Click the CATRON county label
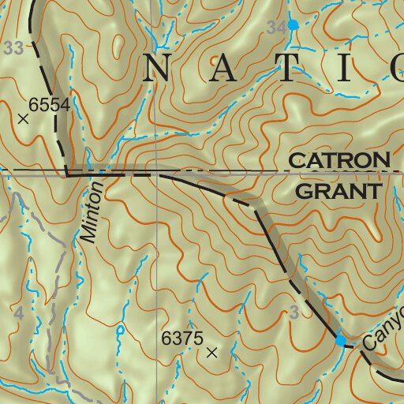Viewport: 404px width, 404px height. point(339,160)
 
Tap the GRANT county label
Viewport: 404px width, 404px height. point(337,192)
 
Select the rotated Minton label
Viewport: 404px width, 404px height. point(92,212)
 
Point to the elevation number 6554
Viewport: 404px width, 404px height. point(50,104)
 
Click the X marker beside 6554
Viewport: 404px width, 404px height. point(23,119)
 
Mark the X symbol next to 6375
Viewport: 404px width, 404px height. point(211,353)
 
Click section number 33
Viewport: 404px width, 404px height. point(13,49)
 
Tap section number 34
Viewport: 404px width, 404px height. point(276,28)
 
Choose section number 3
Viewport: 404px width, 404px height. point(294,313)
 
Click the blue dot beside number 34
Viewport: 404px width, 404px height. point(293,25)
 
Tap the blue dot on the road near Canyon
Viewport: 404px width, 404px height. point(341,341)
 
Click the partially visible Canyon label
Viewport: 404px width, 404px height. point(385,330)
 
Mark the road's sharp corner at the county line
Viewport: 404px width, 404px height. point(67,175)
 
